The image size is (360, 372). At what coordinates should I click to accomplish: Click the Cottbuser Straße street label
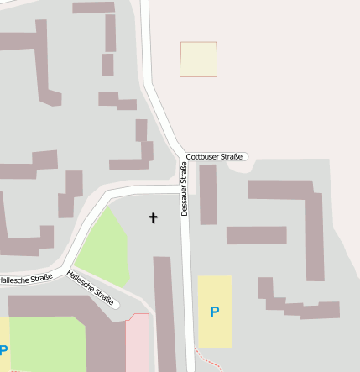click(x=214, y=156)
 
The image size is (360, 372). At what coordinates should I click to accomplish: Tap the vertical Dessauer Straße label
click(x=184, y=189)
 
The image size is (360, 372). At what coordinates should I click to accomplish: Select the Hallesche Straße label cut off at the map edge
click(x=25, y=278)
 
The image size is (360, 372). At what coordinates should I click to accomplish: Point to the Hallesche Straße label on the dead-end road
click(x=90, y=286)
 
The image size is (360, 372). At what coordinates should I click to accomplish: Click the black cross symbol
click(x=153, y=218)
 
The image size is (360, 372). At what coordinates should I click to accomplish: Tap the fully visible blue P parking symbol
click(x=214, y=312)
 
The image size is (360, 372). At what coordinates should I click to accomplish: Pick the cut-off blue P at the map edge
click(x=3, y=350)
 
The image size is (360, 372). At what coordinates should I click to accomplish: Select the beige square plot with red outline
click(x=198, y=59)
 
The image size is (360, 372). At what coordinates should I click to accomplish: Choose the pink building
click(x=137, y=344)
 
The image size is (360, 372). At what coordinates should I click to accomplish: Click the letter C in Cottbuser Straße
click(x=189, y=156)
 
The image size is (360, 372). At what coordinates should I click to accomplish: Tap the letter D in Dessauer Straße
click(x=184, y=213)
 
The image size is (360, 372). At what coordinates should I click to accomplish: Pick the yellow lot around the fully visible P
click(x=214, y=323)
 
